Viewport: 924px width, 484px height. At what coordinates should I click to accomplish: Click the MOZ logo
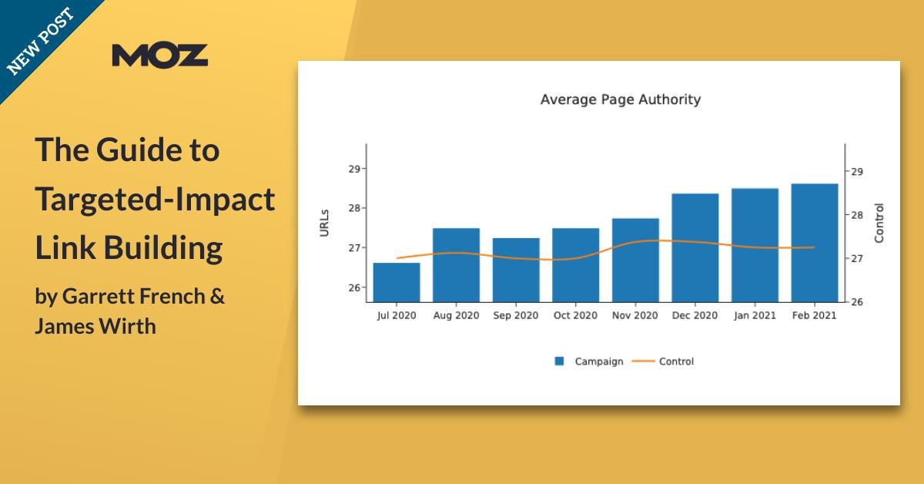[159, 55]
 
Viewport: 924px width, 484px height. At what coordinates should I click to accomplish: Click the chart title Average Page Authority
[620, 99]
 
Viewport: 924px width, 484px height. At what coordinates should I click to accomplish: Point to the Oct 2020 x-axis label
[575, 315]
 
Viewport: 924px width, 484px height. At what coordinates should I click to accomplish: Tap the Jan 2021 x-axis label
[754, 315]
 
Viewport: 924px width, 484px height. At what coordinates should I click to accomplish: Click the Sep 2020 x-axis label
[516, 315]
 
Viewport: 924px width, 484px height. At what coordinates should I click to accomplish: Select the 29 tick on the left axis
[355, 169]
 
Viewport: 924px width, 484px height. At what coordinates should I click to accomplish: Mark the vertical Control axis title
[879, 223]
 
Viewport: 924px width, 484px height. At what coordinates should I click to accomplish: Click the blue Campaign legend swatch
[560, 361]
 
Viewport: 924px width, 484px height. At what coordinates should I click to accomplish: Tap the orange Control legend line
[643, 361]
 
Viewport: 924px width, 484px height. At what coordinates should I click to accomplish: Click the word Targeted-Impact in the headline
[155, 200]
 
